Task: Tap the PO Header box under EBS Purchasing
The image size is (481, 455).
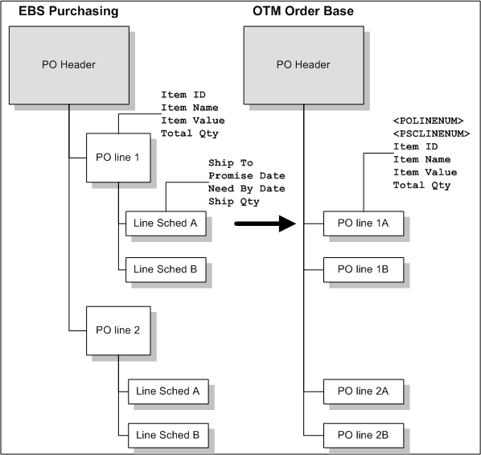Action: coord(68,64)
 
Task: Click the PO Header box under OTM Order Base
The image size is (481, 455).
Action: coord(302,64)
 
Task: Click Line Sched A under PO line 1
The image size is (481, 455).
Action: coord(166,224)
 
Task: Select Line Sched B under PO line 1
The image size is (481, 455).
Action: coord(166,269)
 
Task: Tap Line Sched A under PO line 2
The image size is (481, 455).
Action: coord(168,391)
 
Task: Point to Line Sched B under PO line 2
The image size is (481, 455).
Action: coord(168,435)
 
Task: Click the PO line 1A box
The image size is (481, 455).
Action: coord(363,224)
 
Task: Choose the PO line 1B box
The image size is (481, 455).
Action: coord(363,269)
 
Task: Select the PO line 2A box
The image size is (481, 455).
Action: coord(363,391)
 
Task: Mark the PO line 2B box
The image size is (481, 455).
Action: coord(363,435)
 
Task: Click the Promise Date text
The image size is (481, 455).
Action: coord(246,175)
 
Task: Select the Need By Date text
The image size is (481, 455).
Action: coord(246,188)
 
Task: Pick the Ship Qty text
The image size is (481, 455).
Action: coord(233,201)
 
